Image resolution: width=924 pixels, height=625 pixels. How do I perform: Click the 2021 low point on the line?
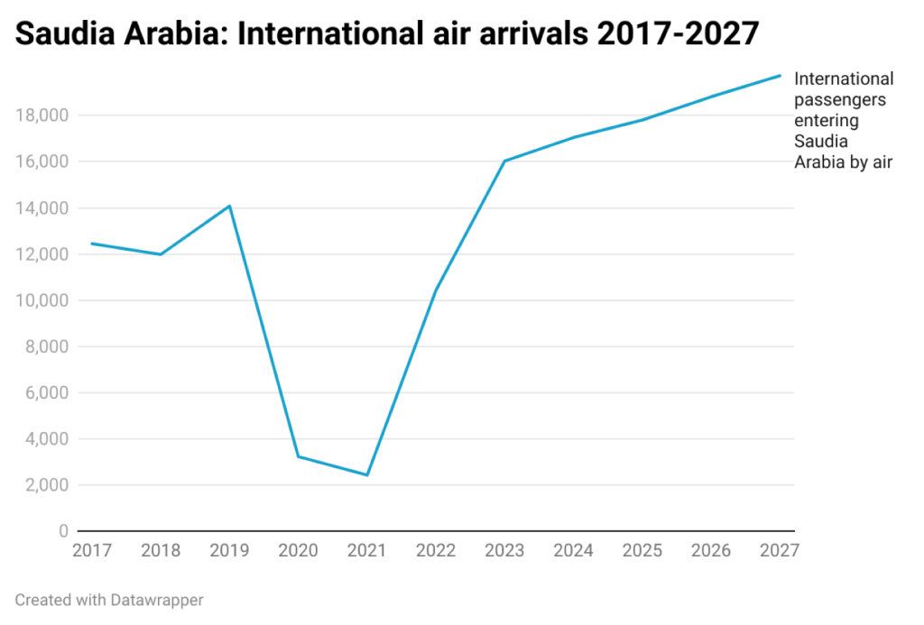[367, 474]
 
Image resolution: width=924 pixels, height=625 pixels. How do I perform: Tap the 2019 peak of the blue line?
[230, 207]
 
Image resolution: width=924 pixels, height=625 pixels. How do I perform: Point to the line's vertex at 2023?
[504, 161]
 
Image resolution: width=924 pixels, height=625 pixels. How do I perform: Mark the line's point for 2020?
[299, 456]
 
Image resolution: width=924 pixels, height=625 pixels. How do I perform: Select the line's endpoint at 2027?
[780, 76]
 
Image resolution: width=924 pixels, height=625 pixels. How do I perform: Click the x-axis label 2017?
[92, 550]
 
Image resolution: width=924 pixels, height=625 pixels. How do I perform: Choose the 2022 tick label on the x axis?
[436, 550]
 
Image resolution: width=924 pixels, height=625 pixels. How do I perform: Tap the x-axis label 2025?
[642, 550]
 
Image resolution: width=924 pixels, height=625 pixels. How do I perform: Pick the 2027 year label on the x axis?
[779, 550]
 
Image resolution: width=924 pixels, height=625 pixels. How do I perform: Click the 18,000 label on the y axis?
[42, 115]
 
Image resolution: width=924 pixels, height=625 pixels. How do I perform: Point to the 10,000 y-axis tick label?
[42, 300]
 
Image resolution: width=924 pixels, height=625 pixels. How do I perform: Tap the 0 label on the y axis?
[63, 531]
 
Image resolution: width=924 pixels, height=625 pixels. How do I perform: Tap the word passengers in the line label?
[839, 100]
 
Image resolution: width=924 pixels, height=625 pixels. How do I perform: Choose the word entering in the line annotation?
[826, 121]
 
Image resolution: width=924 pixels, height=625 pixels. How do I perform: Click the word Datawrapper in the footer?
[160, 599]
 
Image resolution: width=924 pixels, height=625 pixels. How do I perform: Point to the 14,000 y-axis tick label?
[42, 208]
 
